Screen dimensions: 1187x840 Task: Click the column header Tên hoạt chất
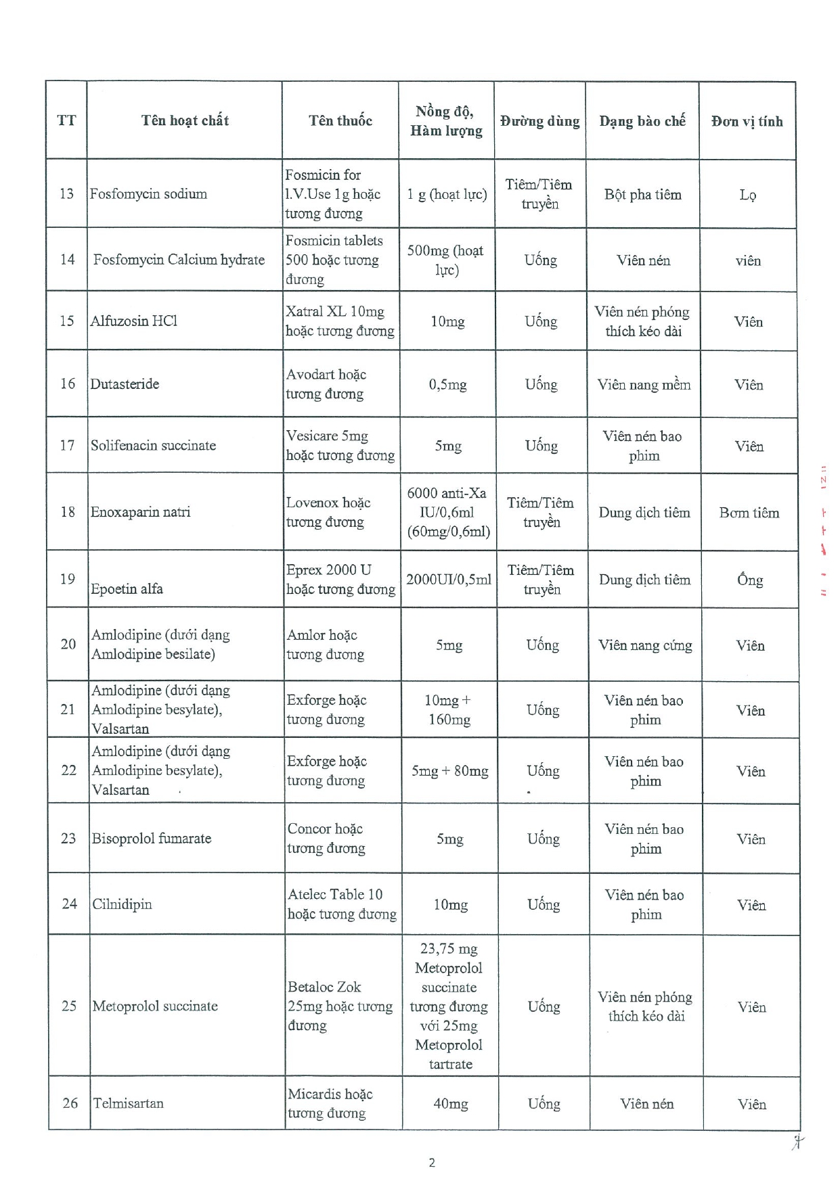185,120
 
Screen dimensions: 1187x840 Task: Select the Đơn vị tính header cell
747,121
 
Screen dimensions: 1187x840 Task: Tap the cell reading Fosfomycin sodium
148,193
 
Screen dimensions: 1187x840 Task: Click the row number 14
67,259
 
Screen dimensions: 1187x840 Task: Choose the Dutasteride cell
125,383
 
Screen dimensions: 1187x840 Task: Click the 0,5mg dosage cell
447,384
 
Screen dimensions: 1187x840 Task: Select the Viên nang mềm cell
644,384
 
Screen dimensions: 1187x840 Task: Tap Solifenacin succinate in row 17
154,445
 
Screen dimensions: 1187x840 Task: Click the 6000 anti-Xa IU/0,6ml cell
448,512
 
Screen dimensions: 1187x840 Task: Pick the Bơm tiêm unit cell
749,513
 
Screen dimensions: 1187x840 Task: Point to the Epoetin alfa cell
127,588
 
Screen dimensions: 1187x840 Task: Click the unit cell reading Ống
750,580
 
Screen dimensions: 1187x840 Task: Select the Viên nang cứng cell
645,645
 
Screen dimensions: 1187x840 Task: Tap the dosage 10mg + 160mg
449,709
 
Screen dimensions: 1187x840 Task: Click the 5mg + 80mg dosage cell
449,771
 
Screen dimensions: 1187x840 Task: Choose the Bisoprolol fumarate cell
152,838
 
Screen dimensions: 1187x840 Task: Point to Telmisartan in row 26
128,1103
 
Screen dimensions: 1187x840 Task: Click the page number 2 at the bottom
432,1163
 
